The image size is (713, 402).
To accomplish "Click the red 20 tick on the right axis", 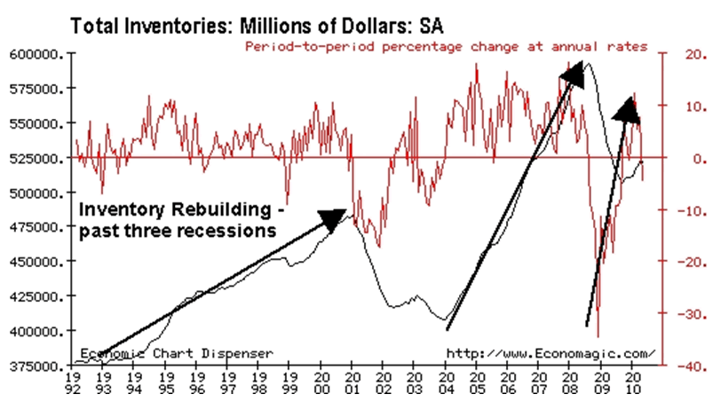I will coord(675,55).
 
